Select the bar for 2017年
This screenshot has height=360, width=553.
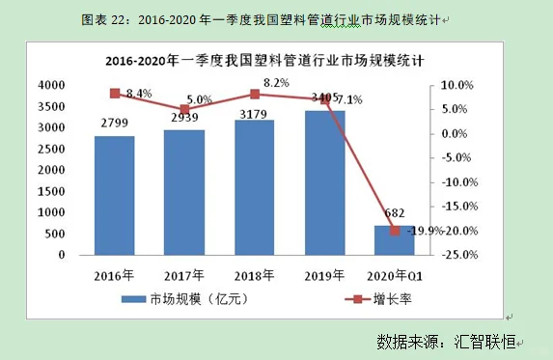point(183,192)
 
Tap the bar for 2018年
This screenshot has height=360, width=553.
point(254,187)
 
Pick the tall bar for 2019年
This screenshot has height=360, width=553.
point(324,182)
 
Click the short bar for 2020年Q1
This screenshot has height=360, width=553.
point(394,239)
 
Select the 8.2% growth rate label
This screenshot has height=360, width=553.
point(276,83)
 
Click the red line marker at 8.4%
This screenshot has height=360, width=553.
point(115,93)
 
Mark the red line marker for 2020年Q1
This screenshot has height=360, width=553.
point(395,231)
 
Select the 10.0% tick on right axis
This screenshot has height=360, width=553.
point(456,85)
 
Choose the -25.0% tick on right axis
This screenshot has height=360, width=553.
point(454,255)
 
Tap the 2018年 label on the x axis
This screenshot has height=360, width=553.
point(254,273)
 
